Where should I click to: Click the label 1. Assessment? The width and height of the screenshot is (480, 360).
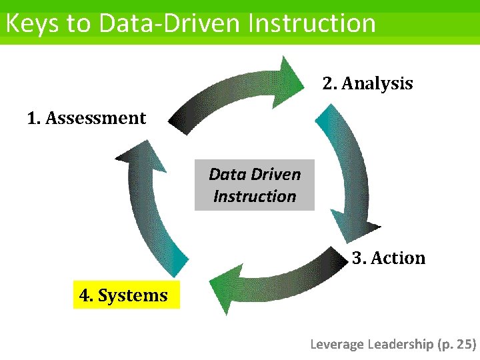click(87, 119)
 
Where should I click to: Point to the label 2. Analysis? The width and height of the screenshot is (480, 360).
click(368, 84)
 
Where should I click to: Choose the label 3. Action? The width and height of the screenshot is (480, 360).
click(389, 258)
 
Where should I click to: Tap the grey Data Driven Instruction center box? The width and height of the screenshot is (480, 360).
click(254, 185)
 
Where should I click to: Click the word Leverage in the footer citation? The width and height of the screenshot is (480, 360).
click(337, 344)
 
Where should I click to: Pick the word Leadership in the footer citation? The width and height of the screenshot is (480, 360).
click(400, 344)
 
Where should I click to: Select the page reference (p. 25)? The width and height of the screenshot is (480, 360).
click(457, 344)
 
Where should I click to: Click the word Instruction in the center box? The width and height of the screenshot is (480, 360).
click(254, 197)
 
